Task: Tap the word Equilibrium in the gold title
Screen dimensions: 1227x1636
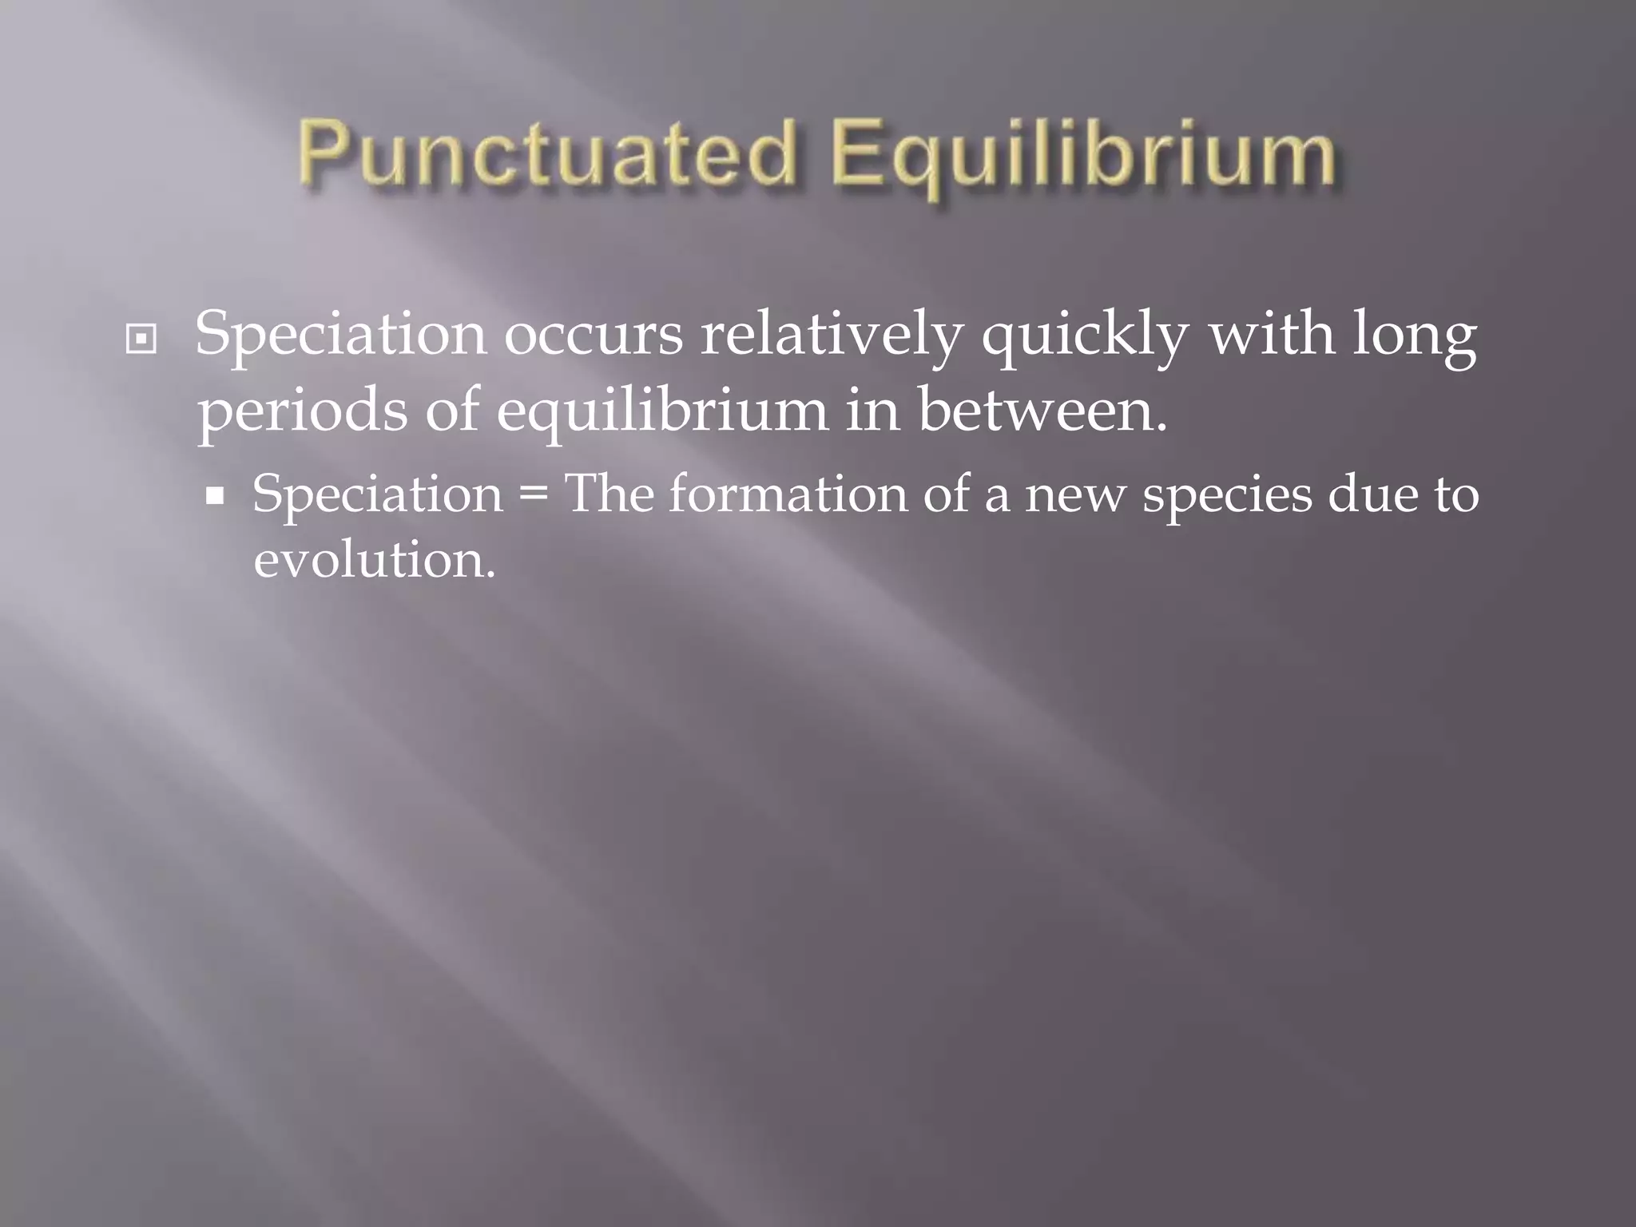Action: coord(1083,157)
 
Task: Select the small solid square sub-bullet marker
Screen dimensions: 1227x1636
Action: coord(214,497)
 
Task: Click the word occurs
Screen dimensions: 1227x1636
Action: coord(594,334)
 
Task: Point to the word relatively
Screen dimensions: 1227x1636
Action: coord(832,334)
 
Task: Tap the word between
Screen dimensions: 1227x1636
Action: coord(1042,409)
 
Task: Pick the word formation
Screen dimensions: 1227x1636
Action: coord(788,494)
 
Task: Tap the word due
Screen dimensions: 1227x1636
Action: coord(1366,494)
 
